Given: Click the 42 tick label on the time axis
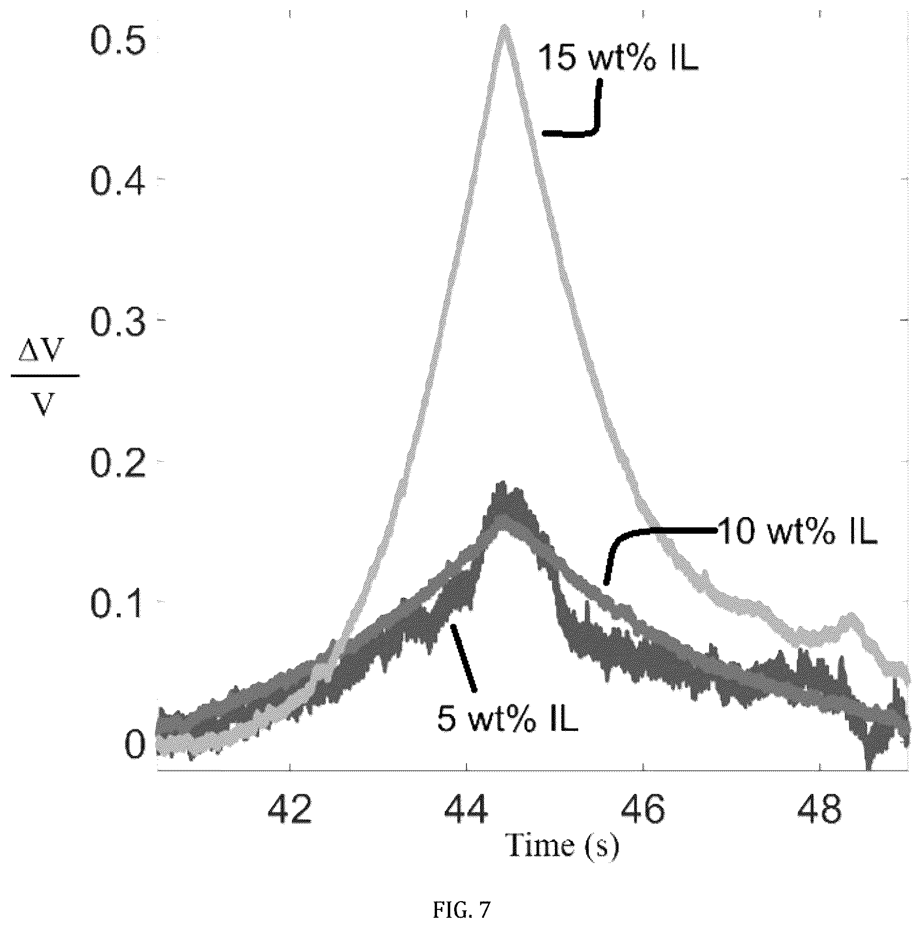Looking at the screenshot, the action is (x=291, y=810).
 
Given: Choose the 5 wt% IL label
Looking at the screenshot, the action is (x=507, y=718).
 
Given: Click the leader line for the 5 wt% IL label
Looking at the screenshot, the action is (x=463, y=658).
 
